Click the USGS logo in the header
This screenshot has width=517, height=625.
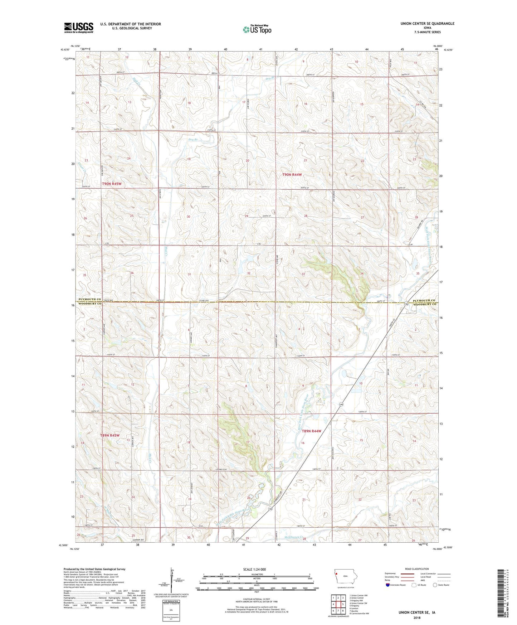(x=78, y=28)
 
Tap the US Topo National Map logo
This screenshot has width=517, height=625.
(x=257, y=29)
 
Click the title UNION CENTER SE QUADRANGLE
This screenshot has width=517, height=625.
(x=427, y=24)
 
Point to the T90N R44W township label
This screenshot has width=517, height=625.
(x=292, y=175)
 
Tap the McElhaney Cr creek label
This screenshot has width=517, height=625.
(x=296, y=538)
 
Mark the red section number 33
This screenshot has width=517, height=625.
(x=303, y=274)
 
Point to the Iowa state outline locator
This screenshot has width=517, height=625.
(x=343, y=576)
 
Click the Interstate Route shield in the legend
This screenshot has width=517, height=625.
(x=389, y=585)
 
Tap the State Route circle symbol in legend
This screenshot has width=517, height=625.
(x=435, y=585)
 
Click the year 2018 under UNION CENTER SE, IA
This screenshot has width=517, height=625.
(x=417, y=618)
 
